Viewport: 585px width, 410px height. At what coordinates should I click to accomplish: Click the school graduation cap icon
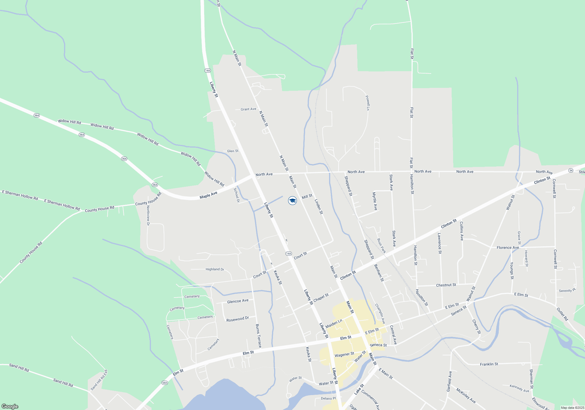292,201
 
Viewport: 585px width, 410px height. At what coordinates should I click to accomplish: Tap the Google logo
10,406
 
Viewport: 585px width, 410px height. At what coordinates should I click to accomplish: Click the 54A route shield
164,383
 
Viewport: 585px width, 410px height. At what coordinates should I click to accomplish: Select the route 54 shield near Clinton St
571,170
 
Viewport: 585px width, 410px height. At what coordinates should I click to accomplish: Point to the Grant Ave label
248,109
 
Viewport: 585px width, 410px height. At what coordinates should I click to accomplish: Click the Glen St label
233,151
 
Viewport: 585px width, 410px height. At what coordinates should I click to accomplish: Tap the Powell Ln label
368,103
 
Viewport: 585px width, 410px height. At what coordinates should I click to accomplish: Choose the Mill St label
307,197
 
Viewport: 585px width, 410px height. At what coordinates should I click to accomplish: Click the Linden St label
319,207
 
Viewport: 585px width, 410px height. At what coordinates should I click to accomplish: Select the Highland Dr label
215,269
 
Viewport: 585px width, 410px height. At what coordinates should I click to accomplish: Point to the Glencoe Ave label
238,301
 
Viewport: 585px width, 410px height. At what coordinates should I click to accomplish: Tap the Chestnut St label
446,285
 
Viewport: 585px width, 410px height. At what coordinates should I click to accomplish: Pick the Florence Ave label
508,247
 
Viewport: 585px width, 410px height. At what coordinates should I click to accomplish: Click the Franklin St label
489,364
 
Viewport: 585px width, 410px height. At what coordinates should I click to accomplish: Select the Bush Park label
381,246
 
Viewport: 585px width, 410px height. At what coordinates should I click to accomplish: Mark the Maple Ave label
209,195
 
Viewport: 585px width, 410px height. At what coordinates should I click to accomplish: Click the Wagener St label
344,355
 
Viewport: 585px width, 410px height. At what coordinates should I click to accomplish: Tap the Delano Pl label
328,398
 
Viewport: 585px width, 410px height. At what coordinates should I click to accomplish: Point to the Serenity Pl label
567,290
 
